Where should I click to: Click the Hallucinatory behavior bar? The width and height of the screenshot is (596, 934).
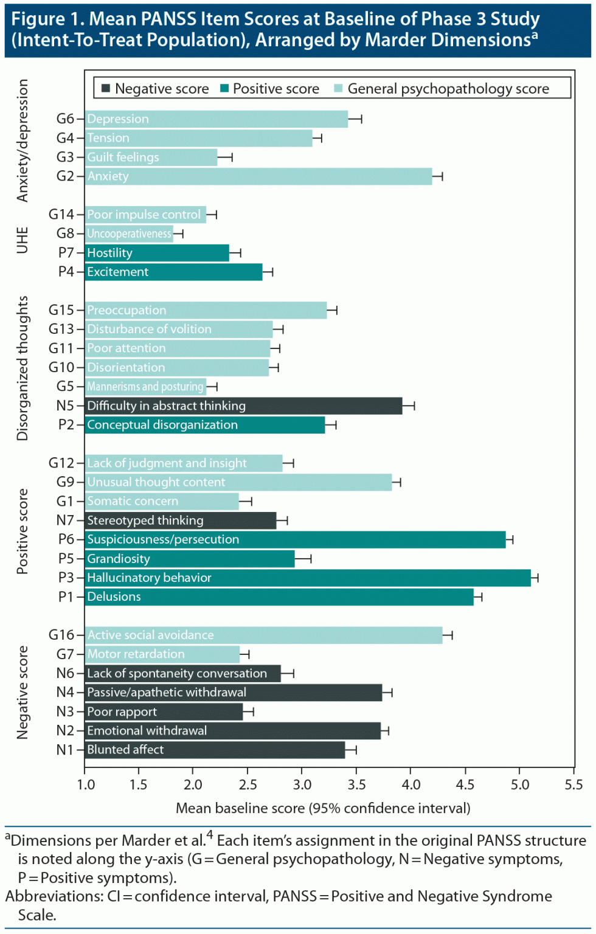point(308,578)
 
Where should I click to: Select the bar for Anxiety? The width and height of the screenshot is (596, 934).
point(258,176)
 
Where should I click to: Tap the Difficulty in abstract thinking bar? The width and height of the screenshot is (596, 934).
point(243,406)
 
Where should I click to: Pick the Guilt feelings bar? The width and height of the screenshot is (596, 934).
point(151,157)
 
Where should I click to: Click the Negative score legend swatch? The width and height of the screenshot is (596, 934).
point(105,89)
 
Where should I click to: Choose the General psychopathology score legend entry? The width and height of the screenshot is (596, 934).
point(442,89)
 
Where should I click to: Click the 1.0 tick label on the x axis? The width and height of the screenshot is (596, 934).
point(86,784)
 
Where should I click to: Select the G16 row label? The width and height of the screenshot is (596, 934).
point(61,635)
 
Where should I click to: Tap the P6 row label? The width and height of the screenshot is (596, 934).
point(66,539)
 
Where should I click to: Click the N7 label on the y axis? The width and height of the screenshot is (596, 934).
point(64,521)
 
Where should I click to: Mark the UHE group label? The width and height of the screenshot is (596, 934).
point(23,240)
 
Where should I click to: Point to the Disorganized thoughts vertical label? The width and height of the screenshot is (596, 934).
point(23,368)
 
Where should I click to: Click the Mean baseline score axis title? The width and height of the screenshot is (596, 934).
point(323,808)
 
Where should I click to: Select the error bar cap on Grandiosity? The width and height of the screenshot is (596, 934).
point(311,559)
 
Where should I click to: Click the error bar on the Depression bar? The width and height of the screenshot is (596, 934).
point(355,119)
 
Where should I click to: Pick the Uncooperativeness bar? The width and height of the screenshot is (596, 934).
point(129,233)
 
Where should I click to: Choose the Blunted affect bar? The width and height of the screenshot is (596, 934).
point(215,750)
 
